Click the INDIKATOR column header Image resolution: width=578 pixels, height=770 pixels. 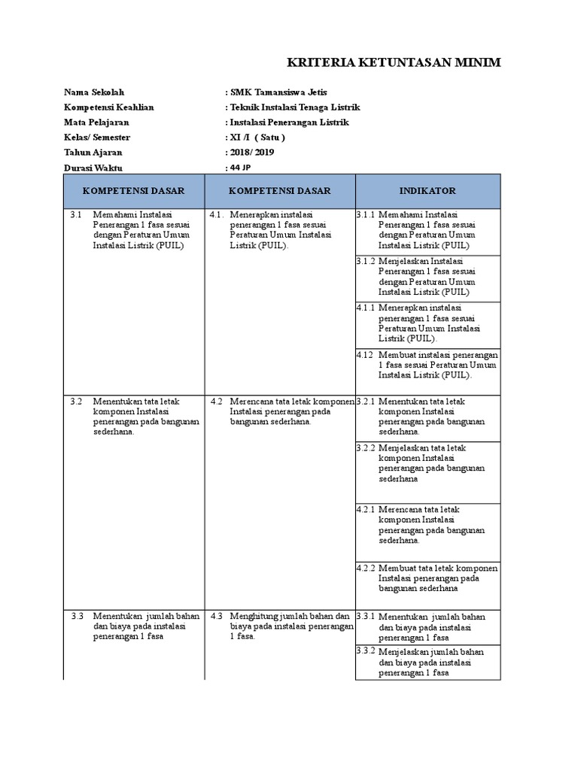click(427, 191)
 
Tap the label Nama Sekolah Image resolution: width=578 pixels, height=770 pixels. click(94, 92)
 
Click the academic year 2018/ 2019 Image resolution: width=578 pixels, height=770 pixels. click(251, 153)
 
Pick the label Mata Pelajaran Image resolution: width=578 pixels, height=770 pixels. click(96, 123)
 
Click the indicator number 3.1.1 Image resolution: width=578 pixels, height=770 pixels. click(366, 215)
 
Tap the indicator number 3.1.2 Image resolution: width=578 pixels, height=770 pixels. click(366, 262)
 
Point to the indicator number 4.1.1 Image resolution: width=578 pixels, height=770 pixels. click(366, 308)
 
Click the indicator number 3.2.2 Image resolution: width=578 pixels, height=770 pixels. click(366, 448)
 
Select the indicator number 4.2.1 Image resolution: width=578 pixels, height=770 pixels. click(366, 510)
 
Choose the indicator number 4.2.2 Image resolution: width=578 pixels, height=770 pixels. click(366, 568)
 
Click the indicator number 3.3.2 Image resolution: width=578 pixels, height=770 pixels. click(366, 650)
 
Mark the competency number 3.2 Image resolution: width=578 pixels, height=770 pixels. click(76, 402)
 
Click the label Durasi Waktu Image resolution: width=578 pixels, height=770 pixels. click(93, 168)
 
